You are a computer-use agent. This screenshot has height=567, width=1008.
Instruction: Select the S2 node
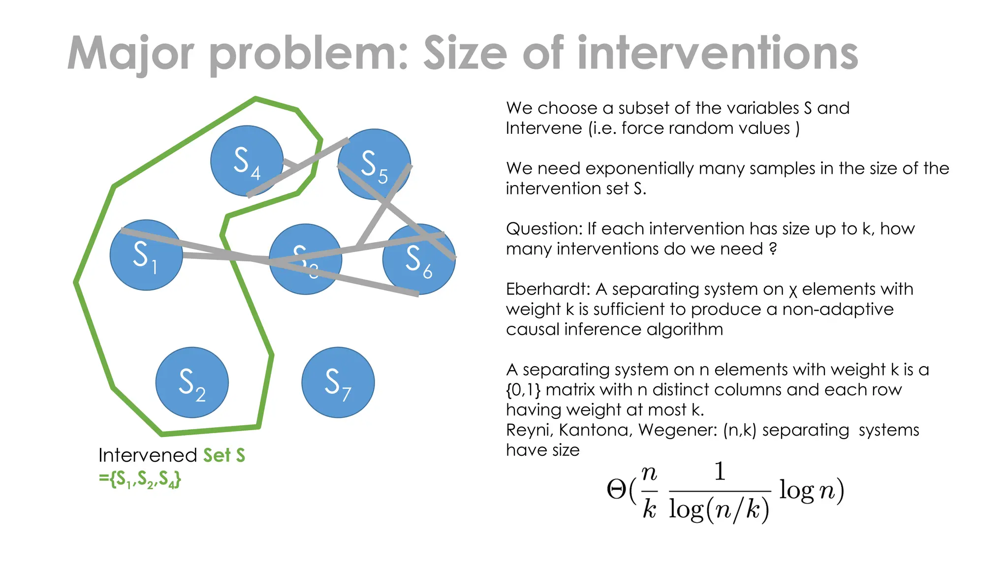point(192,383)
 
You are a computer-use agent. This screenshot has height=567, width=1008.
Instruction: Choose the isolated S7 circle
point(338,383)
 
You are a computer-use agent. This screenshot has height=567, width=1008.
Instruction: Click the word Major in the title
point(131,53)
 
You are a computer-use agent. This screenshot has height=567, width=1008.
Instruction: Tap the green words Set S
point(224,455)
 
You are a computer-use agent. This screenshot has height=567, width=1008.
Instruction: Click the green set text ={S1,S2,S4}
point(140,479)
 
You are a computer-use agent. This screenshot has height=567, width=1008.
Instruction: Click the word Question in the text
point(543,229)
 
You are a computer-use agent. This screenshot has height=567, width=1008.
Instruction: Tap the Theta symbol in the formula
point(616,490)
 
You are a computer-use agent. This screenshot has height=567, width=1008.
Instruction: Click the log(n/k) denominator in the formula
point(719,510)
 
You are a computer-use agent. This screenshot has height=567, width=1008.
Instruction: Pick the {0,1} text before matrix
point(523,390)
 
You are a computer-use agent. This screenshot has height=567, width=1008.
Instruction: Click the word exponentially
point(653,169)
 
